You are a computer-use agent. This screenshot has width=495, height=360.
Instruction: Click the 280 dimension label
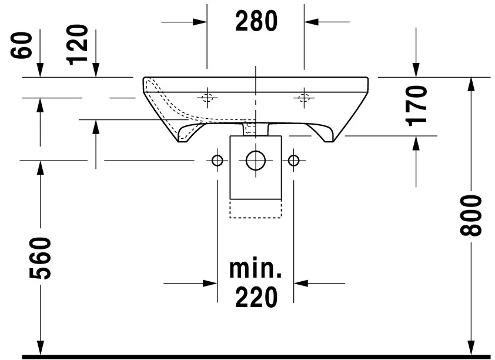256,21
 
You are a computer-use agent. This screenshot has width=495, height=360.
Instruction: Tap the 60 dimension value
22,45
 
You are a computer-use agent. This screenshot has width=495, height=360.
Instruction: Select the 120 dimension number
78,45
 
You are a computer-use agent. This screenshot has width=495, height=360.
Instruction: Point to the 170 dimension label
417,106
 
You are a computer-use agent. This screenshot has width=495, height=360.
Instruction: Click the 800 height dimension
471,215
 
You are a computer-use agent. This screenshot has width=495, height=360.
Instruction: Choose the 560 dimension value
40,258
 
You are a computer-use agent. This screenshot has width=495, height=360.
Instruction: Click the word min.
255,269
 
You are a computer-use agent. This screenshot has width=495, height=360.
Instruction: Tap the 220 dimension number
256,297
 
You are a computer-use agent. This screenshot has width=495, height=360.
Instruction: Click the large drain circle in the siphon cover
256,161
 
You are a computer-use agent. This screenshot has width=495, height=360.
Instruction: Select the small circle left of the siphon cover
217,161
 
